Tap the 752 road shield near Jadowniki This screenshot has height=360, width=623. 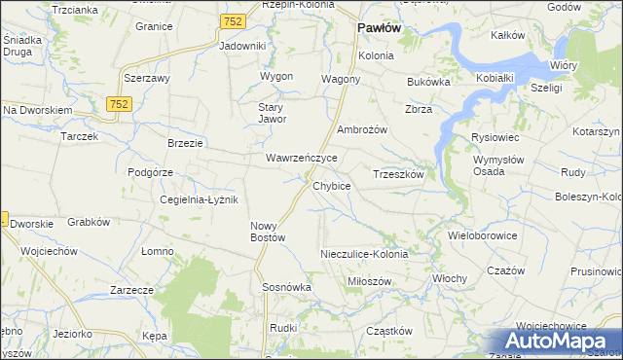point(233,21)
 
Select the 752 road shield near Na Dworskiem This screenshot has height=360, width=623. point(120,104)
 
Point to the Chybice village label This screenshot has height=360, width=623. point(331,185)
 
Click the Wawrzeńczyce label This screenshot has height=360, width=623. point(302,157)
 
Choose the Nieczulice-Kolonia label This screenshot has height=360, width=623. point(364,254)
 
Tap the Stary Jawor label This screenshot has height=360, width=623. point(271,113)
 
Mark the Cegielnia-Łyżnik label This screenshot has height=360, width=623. point(200,199)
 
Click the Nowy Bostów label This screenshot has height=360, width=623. point(267,231)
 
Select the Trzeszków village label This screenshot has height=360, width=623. point(398,174)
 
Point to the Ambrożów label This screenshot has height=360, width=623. point(362,129)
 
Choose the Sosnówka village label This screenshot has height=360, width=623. point(286,288)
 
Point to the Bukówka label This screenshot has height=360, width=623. point(428,83)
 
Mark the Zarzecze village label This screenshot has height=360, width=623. point(132,290)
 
